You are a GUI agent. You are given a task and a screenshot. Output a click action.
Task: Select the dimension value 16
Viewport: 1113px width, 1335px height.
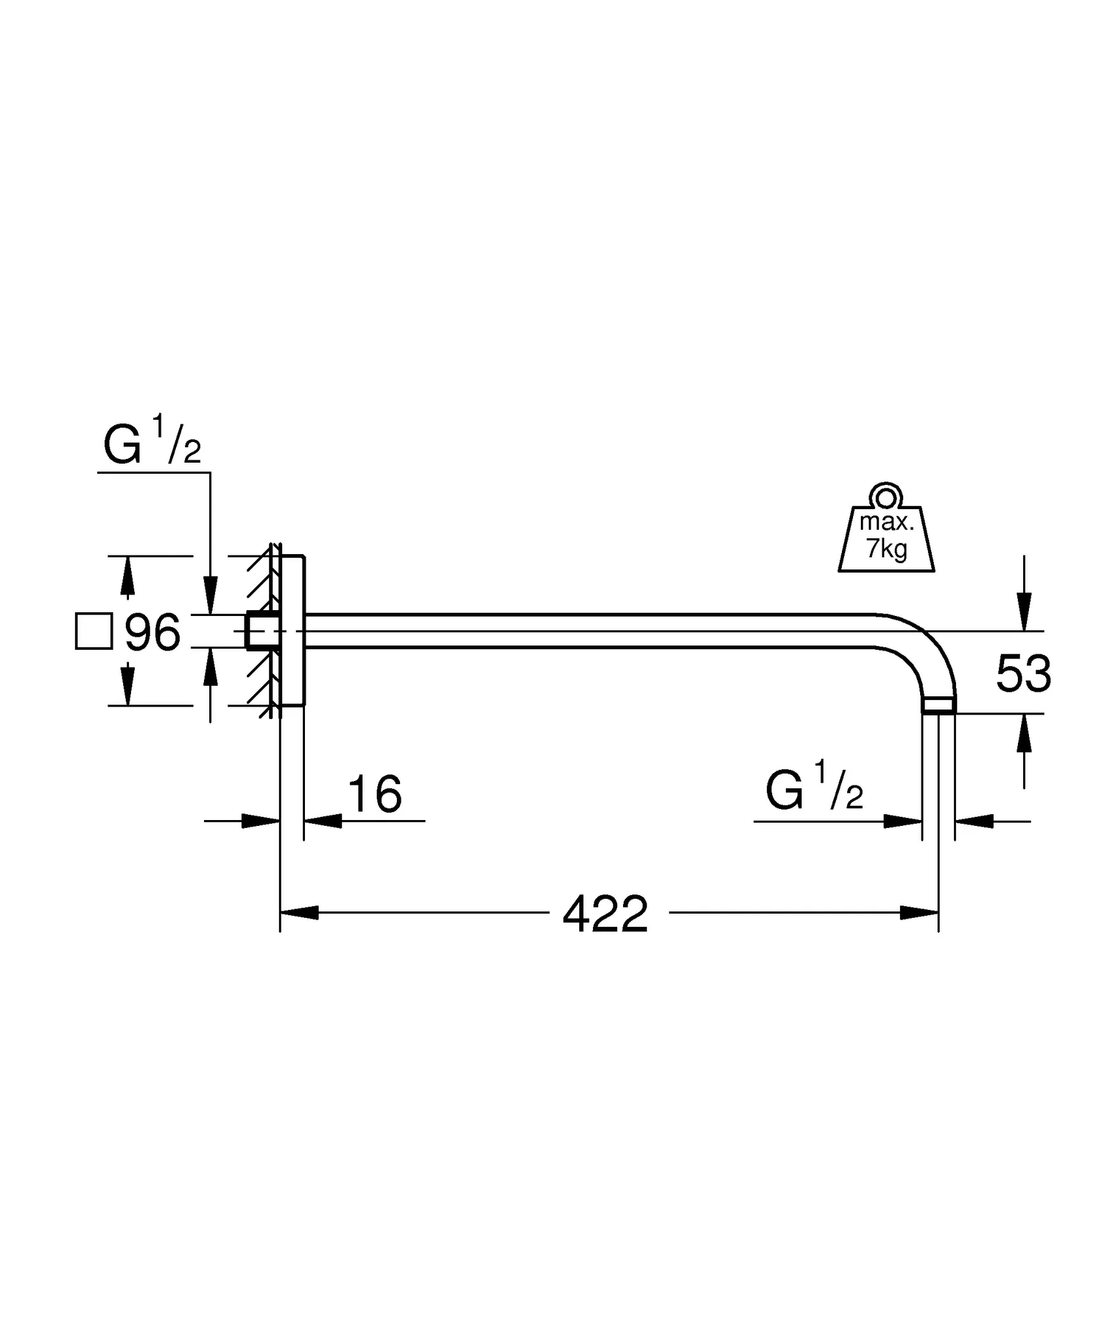click(375, 795)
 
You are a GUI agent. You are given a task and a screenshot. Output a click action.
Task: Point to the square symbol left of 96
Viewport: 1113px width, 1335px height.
click(94, 631)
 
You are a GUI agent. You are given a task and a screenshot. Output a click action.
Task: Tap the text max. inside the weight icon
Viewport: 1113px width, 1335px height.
click(886, 522)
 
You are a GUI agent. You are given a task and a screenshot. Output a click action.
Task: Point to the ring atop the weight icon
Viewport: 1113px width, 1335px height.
click(886, 498)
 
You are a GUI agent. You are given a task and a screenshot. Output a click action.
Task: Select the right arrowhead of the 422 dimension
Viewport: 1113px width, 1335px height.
click(919, 913)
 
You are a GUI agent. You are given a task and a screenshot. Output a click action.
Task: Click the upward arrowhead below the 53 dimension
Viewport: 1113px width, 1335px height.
click(1024, 733)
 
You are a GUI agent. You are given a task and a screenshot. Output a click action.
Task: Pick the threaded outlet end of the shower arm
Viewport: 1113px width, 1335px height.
click(939, 705)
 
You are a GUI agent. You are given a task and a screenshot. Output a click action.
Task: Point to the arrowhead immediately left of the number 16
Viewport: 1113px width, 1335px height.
click(323, 821)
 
